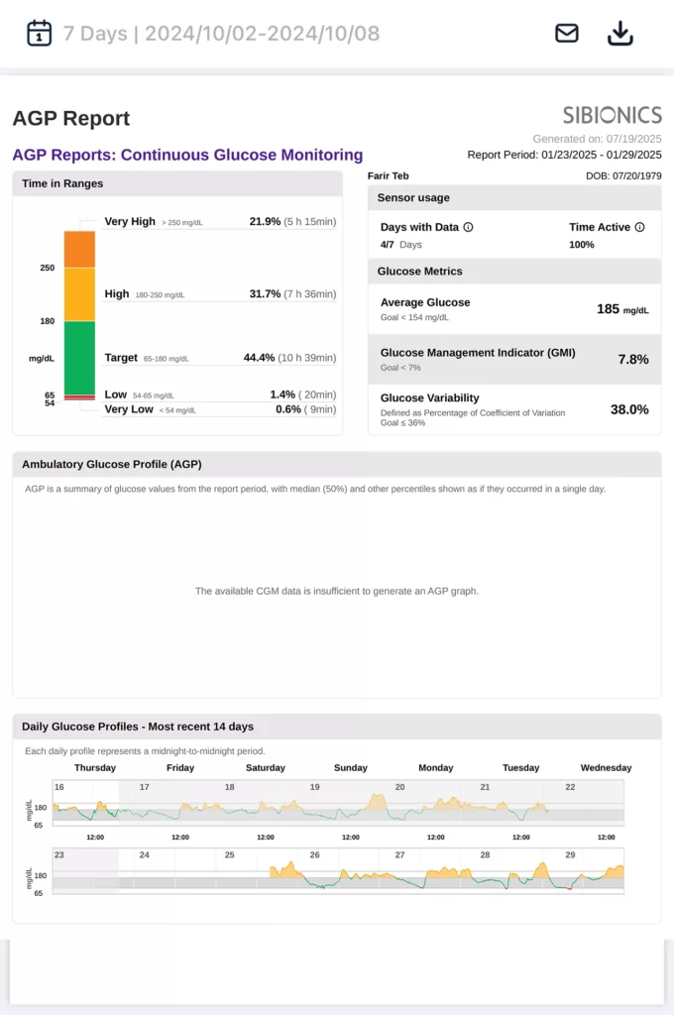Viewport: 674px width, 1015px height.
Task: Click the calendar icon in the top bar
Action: (39, 33)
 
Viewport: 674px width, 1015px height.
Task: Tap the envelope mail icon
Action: (566, 33)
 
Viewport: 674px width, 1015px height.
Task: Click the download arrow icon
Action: (619, 33)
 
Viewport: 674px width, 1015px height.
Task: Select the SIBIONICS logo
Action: (612, 115)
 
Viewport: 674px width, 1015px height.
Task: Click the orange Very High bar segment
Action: (79, 249)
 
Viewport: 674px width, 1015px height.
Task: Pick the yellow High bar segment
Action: (79, 294)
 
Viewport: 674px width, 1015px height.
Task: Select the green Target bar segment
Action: (79, 357)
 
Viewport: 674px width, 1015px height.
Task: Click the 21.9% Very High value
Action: (265, 222)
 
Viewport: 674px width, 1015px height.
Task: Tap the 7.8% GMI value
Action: (633, 359)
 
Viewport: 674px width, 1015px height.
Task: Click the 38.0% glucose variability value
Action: (629, 409)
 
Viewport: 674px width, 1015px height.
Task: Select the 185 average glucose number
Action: (608, 309)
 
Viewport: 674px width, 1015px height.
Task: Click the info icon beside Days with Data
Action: (469, 227)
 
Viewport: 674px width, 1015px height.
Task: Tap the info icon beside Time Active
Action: (639, 227)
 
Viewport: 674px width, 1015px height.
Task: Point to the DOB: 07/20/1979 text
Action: (623, 175)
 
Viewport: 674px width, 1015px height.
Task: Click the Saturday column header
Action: (265, 767)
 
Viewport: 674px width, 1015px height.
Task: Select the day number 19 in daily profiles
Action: (314, 787)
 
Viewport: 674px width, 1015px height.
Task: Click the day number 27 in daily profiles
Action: (399, 854)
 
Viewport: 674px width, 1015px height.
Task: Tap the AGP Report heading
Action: (71, 119)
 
